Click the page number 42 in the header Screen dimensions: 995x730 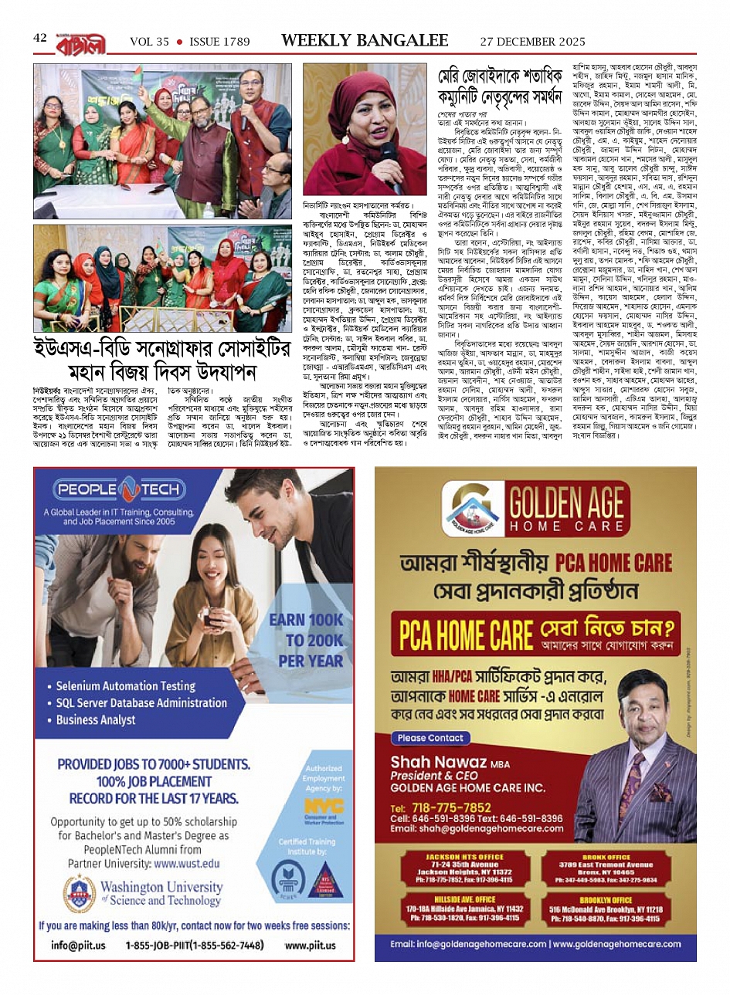(x=40, y=38)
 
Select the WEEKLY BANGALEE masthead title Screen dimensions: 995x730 (x=365, y=40)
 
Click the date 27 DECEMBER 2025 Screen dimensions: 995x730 (x=532, y=42)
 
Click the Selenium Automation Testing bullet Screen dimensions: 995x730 (x=125, y=685)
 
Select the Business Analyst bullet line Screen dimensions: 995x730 (x=96, y=719)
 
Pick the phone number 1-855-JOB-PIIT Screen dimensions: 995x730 (x=194, y=945)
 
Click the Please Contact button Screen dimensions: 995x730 (x=430, y=738)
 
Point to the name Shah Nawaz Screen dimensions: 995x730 (x=439, y=763)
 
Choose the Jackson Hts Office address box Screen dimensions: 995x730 (x=464, y=868)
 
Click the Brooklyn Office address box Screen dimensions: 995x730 (x=606, y=909)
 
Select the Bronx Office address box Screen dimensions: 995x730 (x=606, y=868)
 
